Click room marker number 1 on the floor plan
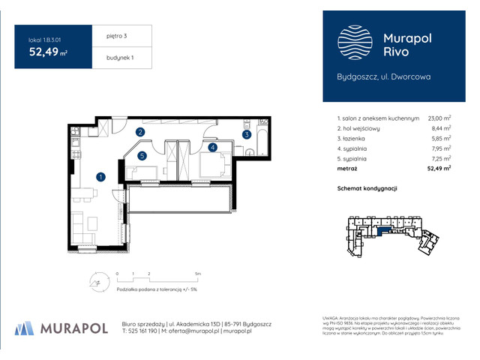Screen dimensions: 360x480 click(x=100, y=177)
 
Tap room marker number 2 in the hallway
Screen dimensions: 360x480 click(x=140, y=133)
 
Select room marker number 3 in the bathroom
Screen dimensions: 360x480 click(x=245, y=135)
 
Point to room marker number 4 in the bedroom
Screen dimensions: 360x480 click(x=213, y=148)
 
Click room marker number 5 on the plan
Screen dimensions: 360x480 click(x=142, y=156)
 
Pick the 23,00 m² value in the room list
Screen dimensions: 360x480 click(x=439, y=118)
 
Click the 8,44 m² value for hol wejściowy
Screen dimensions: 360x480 click(x=440, y=128)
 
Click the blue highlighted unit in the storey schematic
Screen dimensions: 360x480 click(x=389, y=232)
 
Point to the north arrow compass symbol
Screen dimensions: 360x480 click(x=95, y=283)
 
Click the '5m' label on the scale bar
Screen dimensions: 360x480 click(x=197, y=274)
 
